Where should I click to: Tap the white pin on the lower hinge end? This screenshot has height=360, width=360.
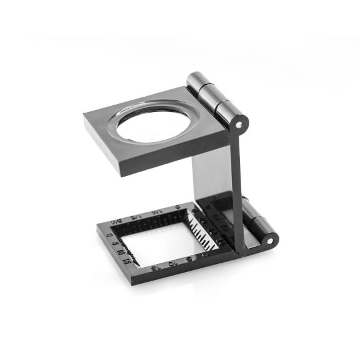coord(268,240)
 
